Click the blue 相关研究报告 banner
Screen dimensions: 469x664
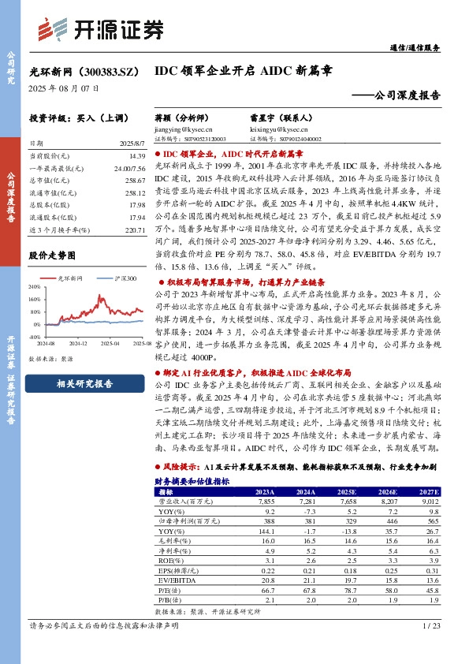point(85,384)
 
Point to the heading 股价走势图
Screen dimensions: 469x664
point(52,256)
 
